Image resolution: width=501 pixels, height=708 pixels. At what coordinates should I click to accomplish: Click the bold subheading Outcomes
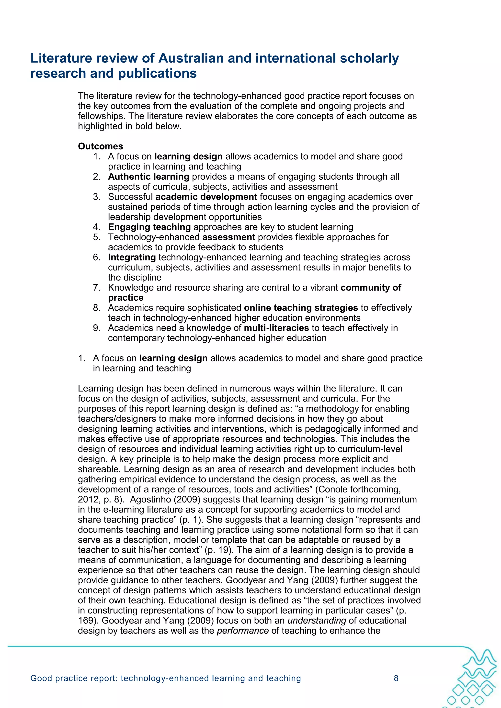coord(100,146)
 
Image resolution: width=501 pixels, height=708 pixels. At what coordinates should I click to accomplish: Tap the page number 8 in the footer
coord(396,678)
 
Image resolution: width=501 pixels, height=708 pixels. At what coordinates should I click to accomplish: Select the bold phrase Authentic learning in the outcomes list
coord(148,176)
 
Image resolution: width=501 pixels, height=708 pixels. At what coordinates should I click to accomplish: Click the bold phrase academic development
coord(206,197)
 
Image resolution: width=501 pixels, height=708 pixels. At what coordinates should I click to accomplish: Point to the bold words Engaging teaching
coord(149,227)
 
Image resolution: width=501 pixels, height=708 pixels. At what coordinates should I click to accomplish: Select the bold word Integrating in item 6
coord(132,257)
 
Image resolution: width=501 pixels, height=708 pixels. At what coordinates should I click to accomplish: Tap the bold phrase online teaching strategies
coord(301,308)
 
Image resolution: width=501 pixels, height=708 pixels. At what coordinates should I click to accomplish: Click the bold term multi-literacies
coord(276,328)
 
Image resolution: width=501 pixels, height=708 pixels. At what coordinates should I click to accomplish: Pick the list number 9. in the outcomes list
coord(97,328)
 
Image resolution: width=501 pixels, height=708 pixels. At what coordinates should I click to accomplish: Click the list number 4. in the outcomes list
coord(97,227)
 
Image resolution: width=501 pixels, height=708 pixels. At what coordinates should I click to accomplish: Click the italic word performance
coord(243,630)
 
